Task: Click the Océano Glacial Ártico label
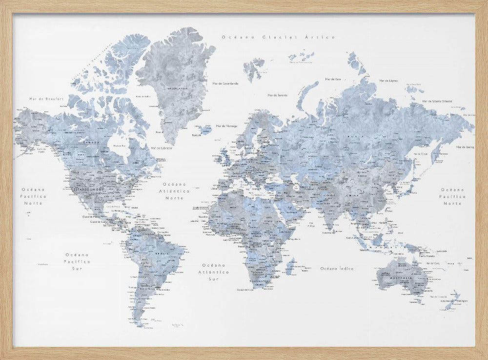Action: [277, 37]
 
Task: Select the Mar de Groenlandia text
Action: [225, 84]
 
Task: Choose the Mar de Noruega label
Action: [226, 126]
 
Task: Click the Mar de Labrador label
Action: [162, 148]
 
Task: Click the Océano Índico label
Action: [337, 268]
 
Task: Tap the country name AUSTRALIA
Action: [402, 279]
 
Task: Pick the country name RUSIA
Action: [353, 137]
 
